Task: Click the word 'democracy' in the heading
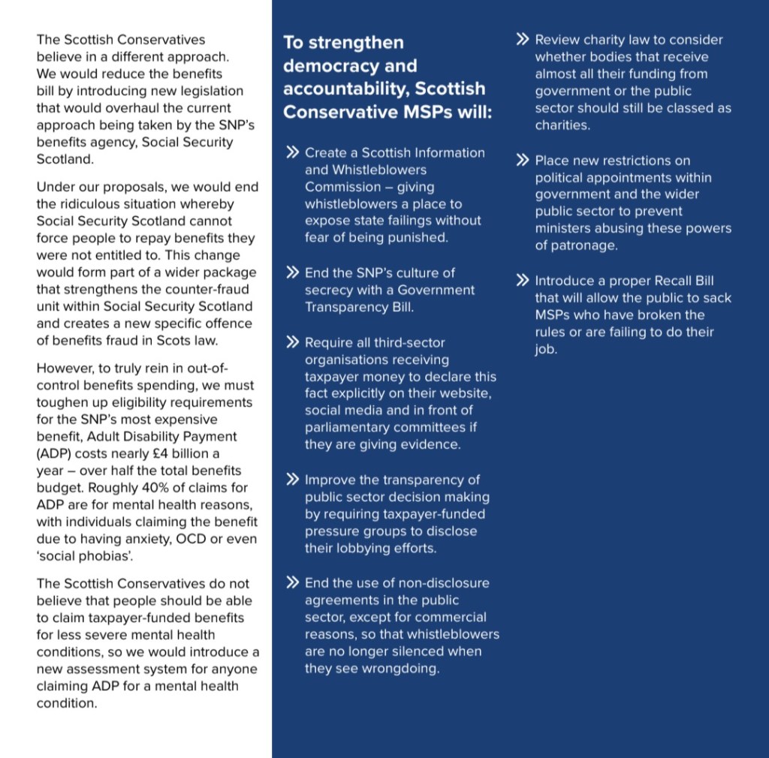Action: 326,65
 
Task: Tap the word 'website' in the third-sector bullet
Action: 466,393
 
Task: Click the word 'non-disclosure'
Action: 442,583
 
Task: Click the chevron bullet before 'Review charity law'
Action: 523,39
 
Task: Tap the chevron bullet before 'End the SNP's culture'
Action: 293,272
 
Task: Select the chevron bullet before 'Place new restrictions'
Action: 523,160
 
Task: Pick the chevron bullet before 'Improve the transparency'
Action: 293,480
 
